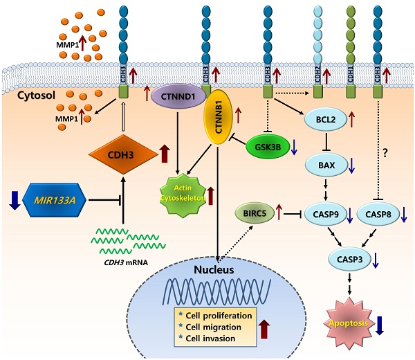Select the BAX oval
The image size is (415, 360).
323,165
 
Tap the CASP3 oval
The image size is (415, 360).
349,260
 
